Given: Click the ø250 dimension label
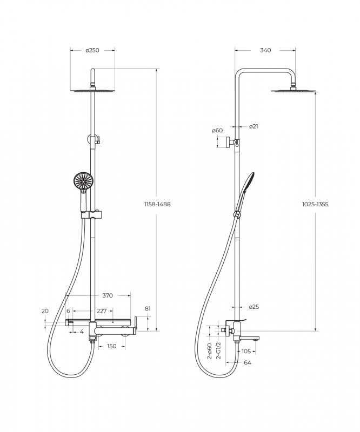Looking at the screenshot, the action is coord(92,50).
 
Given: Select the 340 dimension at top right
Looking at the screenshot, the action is coord(265,50).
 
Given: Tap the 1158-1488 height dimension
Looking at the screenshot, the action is coord(157,204).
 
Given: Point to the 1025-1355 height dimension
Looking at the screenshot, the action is coord(315,204).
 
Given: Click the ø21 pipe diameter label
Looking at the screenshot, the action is coord(254,126).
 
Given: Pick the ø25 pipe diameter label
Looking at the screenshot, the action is coord(254,307).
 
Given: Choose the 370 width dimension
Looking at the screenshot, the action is coord(108,295).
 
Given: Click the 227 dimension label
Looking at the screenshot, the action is coord(102,311).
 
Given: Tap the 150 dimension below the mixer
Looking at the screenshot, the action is coord(111,346).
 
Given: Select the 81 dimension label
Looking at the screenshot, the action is coord(148,308).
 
